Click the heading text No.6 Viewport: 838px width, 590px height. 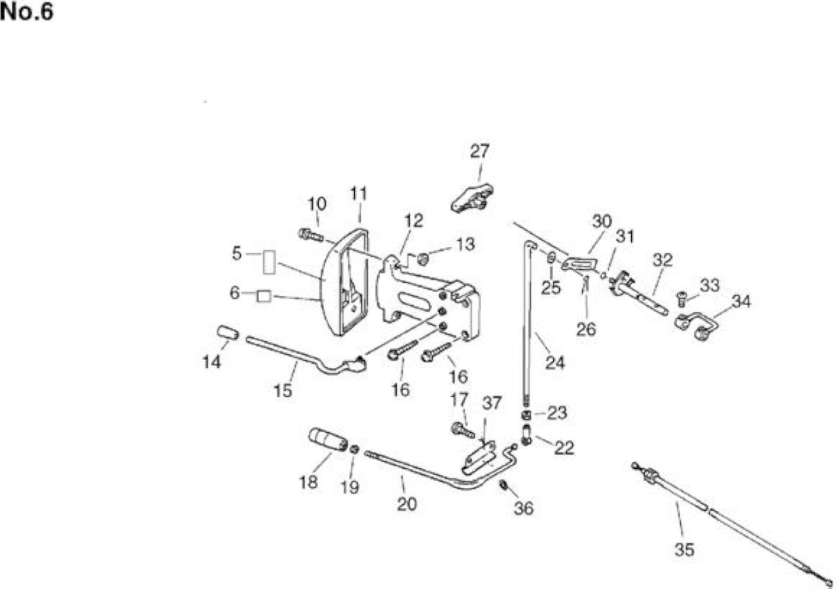pyautogui.click(x=27, y=12)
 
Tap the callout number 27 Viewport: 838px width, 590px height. pyautogui.click(x=479, y=151)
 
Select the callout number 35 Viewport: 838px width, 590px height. pyautogui.click(x=684, y=549)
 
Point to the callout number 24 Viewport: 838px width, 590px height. pyautogui.click(x=555, y=363)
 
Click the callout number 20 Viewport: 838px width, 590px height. pyautogui.click(x=407, y=504)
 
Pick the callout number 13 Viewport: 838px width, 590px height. pyautogui.click(x=465, y=244)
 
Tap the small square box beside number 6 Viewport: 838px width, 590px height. pyautogui.click(x=264, y=296)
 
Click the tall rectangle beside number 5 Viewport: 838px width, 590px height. pyautogui.click(x=269, y=263)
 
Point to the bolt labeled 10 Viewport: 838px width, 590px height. pyautogui.click(x=310, y=235)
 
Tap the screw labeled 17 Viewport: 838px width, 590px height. pyautogui.click(x=463, y=430)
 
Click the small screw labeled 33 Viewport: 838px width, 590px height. pyautogui.click(x=682, y=299)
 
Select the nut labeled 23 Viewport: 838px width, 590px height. pyautogui.click(x=526, y=415)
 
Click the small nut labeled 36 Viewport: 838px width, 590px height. pyautogui.click(x=503, y=485)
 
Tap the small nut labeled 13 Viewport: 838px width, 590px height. pyautogui.click(x=423, y=259)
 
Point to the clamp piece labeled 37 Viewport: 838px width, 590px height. pyautogui.click(x=479, y=458)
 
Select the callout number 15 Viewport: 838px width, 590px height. pyautogui.click(x=283, y=390)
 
